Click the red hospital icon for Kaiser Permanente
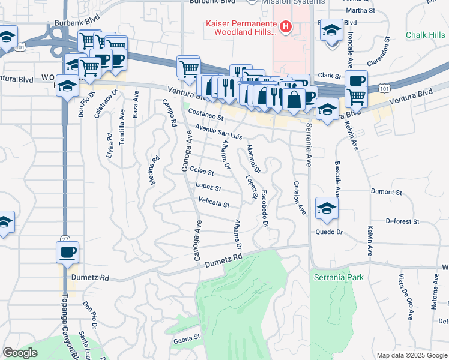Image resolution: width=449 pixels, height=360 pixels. tap(286, 27)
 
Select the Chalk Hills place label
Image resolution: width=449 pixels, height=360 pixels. tap(425, 35)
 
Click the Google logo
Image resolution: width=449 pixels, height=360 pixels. tap(20, 353)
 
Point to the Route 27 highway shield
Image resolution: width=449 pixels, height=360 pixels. tap(65, 221)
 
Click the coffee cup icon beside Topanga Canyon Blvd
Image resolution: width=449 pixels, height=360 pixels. tap(67, 251)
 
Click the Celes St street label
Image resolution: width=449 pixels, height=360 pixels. tap(202, 172)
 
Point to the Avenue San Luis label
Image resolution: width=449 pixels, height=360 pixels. tap(218, 132)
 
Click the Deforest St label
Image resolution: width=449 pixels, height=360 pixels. tap(402, 221)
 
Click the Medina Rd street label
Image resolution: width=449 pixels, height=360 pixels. tap(155, 170)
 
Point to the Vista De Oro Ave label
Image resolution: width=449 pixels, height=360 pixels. tap(411, 291)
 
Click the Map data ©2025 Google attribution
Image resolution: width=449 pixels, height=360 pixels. tap(411, 355)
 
